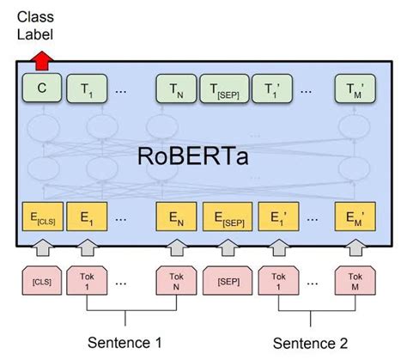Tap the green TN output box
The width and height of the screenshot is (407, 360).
click(x=175, y=87)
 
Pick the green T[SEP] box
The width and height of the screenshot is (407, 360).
click(x=222, y=87)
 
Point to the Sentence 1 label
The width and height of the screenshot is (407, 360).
click(x=126, y=343)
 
